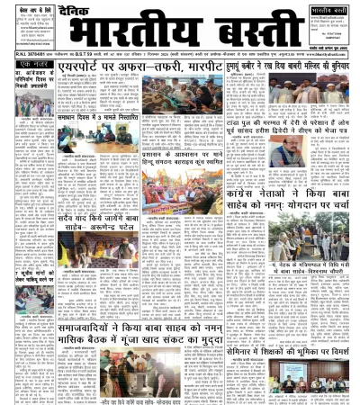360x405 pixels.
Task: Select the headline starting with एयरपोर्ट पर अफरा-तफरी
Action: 150,67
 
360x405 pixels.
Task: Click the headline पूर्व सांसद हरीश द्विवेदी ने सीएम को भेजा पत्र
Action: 288,147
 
